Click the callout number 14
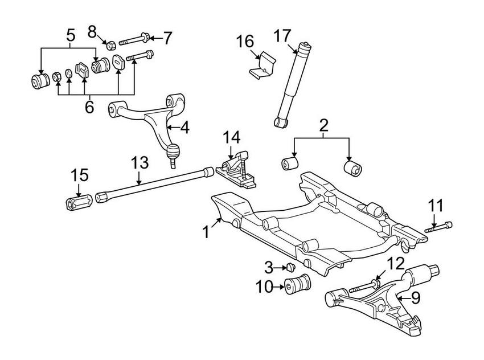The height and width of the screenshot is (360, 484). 231,137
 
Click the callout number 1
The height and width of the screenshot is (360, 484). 206,232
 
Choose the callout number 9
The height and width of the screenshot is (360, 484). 415,296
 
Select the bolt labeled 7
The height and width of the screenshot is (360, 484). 134,39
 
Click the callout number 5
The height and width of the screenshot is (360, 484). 71,35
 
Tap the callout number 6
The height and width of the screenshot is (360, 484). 89,107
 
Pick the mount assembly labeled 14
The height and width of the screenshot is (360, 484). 235,168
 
